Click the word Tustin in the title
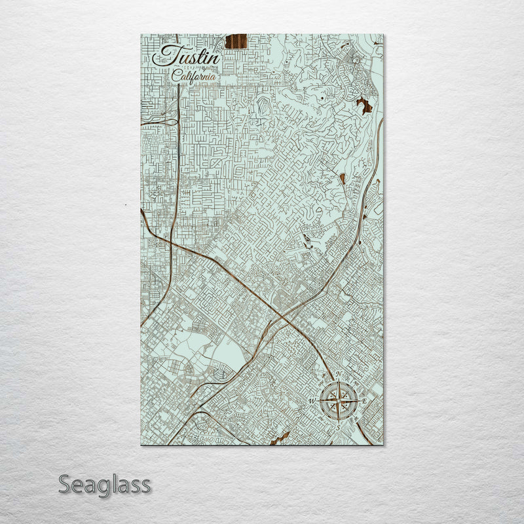point(186,56)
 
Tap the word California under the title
point(194,77)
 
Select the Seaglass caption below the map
point(105,485)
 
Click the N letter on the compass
point(338,375)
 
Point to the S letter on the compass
point(338,426)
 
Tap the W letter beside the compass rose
point(312,401)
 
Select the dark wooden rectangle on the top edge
point(236,41)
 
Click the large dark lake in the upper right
point(364,105)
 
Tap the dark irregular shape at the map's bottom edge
point(280,438)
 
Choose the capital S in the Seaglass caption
point(65,485)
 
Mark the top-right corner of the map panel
point(384,35)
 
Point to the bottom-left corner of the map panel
point(141,445)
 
